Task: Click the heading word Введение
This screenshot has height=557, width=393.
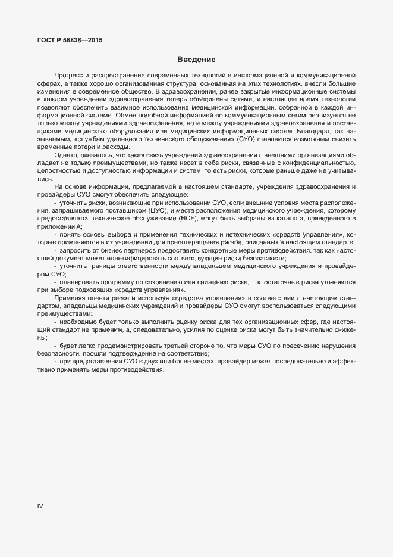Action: pyautogui.click(x=196, y=60)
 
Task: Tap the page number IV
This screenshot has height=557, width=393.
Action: pyautogui.click(x=40, y=506)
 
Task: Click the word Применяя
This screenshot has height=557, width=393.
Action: pyautogui.click(x=70, y=297)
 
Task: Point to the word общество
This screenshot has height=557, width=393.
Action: pyautogui.click(x=132, y=93)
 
